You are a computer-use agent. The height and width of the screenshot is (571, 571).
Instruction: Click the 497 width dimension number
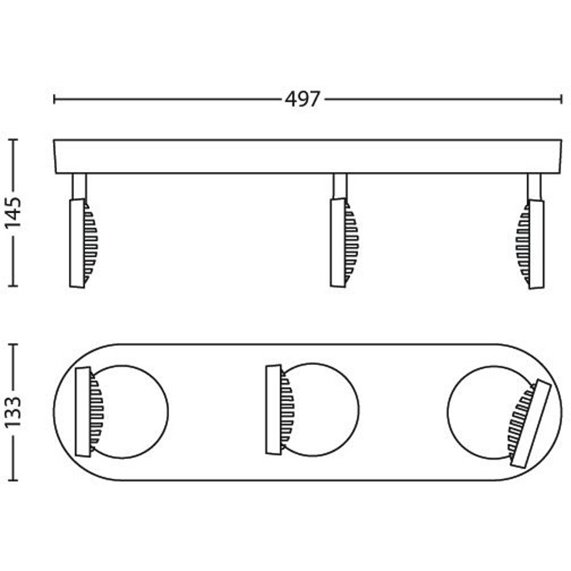point(302,99)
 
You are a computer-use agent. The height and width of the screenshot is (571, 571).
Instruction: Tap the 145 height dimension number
point(13,212)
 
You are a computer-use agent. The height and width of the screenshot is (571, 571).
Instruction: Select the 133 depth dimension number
point(13,412)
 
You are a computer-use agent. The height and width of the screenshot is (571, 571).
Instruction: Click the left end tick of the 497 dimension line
point(54,99)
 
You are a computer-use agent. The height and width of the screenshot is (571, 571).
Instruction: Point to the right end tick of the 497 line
point(561,99)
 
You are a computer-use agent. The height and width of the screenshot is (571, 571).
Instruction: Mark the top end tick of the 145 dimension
point(13,139)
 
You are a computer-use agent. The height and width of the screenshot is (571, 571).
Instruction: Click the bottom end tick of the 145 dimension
point(13,286)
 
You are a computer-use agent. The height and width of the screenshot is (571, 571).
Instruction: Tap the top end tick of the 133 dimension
point(13,344)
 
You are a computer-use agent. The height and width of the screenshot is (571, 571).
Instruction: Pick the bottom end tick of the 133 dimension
point(13,480)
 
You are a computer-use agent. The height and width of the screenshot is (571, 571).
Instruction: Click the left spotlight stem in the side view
point(79,186)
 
